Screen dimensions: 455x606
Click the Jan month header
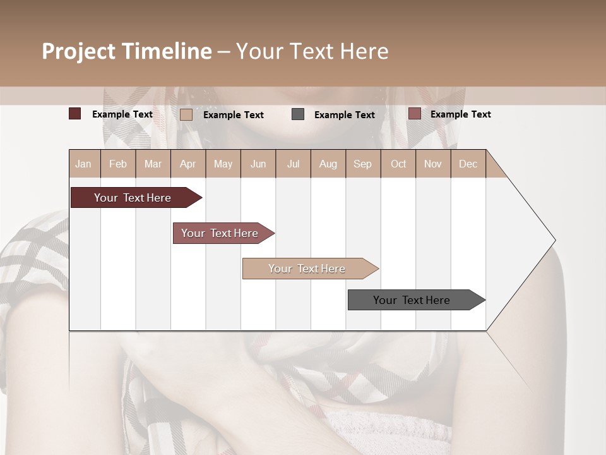(83, 164)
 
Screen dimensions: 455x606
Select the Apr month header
(188, 164)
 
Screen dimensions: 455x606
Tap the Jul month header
(293, 164)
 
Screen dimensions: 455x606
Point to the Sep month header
(362, 164)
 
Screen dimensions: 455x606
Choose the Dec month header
(468, 164)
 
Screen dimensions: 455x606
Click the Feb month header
(118, 164)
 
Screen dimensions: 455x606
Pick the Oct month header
(398, 164)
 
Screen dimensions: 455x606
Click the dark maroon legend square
(75, 114)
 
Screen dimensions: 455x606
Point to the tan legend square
(186, 114)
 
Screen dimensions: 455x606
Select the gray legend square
(298, 114)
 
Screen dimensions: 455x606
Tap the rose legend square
(414, 114)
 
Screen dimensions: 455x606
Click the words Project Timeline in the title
(127, 51)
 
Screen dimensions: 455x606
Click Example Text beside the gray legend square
(345, 114)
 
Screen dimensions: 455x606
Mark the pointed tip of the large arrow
(554, 240)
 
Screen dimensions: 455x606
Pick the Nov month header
(433, 164)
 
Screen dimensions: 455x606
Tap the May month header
(223, 164)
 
